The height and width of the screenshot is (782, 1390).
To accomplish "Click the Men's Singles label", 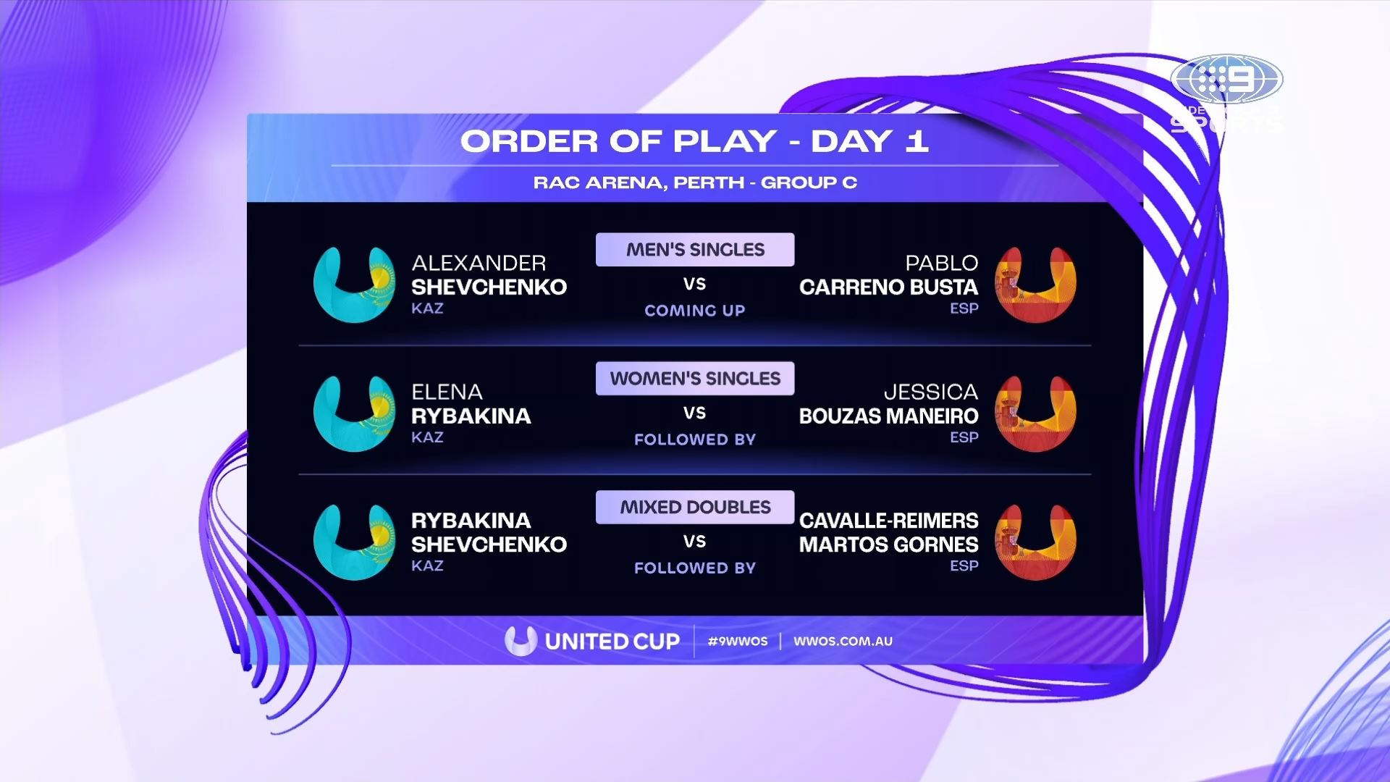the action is [x=695, y=250].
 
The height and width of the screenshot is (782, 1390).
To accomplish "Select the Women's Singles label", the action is [x=695, y=379].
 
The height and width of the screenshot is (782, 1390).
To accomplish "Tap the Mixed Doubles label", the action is [x=695, y=508].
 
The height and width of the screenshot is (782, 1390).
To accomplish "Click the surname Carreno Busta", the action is [x=888, y=287].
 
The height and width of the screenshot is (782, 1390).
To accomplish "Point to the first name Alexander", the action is [x=479, y=263].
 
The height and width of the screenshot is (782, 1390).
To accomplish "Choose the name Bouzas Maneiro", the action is [x=888, y=416].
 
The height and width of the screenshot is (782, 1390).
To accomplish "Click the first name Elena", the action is [x=447, y=392].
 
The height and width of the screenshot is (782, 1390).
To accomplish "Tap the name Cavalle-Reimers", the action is [x=888, y=521].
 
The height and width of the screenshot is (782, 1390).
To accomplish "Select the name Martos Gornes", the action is [x=888, y=545].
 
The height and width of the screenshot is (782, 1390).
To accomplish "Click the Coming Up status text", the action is [x=695, y=311].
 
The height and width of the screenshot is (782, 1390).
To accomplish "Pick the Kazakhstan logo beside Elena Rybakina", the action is [x=354, y=413].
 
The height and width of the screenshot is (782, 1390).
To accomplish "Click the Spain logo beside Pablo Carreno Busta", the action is [x=1036, y=285].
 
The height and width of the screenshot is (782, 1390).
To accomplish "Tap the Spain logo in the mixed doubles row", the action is [x=1036, y=542].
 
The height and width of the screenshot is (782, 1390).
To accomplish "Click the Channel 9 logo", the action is [x=1227, y=80].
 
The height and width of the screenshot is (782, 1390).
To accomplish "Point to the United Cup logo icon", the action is [x=521, y=641].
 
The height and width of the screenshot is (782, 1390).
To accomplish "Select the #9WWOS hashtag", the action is [x=738, y=641].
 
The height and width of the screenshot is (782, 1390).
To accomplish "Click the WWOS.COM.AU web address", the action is [x=843, y=641].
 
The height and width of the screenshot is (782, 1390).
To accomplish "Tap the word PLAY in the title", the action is [x=725, y=141].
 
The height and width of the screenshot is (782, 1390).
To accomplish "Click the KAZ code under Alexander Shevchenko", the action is [x=427, y=308].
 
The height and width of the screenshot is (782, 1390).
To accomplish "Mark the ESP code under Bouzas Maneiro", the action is [x=964, y=437].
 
